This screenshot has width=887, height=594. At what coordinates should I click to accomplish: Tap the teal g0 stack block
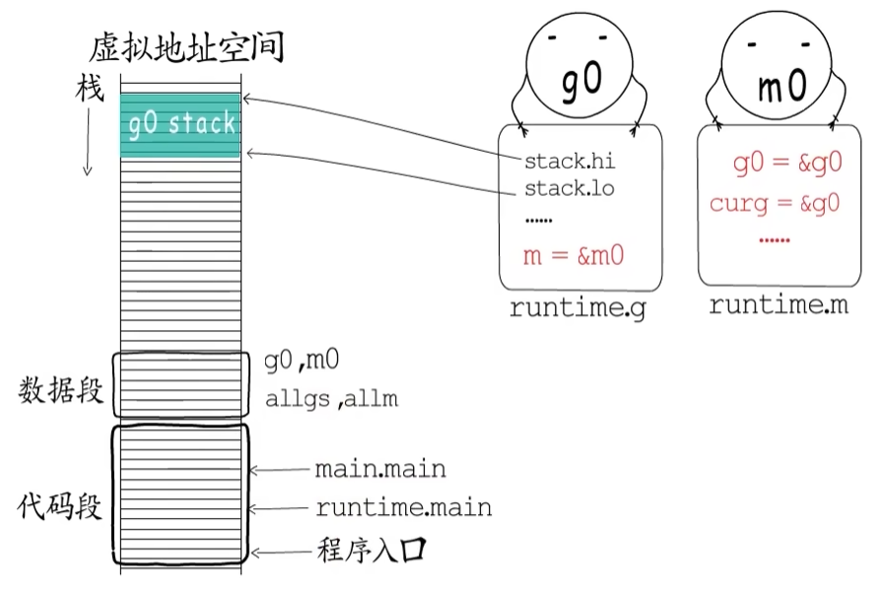[x=181, y=124]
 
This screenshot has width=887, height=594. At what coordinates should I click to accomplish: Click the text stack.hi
[x=570, y=161]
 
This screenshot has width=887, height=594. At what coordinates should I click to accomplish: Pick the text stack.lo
[x=570, y=188]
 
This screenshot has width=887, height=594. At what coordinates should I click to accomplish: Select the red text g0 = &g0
[x=787, y=164]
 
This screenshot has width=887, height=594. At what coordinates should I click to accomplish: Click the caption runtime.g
[x=576, y=308]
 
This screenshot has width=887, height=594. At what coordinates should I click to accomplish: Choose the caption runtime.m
[x=779, y=305]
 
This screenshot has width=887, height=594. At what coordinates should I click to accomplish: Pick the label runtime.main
[x=403, y=508]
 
